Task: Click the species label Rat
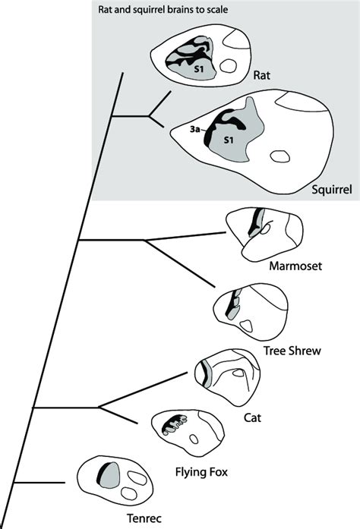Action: click(x=262, y=75)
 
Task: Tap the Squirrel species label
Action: click(x=332, y=189)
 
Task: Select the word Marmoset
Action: click(x=295, y=266)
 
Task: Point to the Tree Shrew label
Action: click(x=292, y=351)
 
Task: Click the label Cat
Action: click(x=252, y=417)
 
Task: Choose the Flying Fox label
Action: click(x=201, y=471)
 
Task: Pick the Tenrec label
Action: click(x=144, y=518)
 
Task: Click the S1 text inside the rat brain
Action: click(x=199, y=69)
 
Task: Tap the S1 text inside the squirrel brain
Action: click(x=229, y=140)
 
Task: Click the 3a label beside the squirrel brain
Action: click(x=194, y=129)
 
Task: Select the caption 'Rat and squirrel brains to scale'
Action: click(x=163, y=9)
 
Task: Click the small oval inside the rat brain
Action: click(x=228, y=65)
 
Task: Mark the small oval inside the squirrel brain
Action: click(x=280, y=156)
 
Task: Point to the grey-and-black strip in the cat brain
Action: click(x=206, y=373)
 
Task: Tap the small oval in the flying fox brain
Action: click(x=194, y=439)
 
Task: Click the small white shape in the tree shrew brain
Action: click(x=246, y=326)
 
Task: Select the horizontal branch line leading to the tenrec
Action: click(x=39, y=483)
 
